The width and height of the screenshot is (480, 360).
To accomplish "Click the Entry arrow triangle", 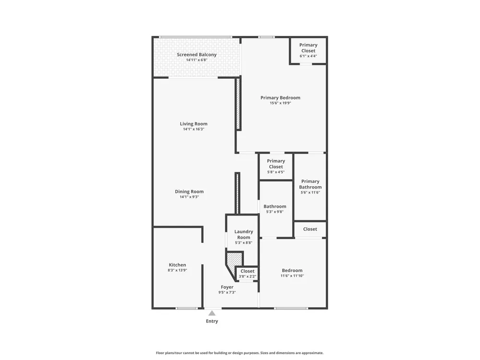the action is click(212, 313).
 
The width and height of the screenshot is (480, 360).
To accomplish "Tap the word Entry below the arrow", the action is click(212, 321).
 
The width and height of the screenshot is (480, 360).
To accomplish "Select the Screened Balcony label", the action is click(196, 55).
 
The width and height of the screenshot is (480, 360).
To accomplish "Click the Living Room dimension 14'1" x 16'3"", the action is click(193, 129).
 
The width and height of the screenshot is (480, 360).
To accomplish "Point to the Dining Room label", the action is click(189, 192).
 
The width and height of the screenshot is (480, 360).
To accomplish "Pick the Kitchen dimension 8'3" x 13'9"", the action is click(177, 270).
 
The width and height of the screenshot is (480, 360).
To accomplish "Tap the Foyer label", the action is click(227, 287).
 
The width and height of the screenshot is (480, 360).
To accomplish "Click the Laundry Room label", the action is click(244, 235).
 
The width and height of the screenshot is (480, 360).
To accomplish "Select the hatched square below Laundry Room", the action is click(235, 259).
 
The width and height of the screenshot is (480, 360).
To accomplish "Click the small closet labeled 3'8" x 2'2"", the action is click(247, 274).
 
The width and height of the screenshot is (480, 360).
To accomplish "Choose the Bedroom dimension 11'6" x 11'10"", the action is click(292, 276).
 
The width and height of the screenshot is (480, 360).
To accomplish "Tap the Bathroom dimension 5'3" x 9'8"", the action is click(275, 212).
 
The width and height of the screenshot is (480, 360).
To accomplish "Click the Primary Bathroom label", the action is click(310, 184).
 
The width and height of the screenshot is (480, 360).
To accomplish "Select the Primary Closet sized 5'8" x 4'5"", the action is click(276, 166).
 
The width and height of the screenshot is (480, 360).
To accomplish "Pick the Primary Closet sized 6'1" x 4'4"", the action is click(308, 50).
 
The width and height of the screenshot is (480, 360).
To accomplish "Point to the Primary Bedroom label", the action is click(280, 97).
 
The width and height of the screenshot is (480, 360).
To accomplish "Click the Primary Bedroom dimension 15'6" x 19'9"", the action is click(280, 103).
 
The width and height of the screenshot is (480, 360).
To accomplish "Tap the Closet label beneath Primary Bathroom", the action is click(310, 229).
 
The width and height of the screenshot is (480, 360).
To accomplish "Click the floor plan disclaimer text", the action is click(240, 353).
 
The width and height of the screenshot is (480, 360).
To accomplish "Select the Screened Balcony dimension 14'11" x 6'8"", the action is click(196, 60).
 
